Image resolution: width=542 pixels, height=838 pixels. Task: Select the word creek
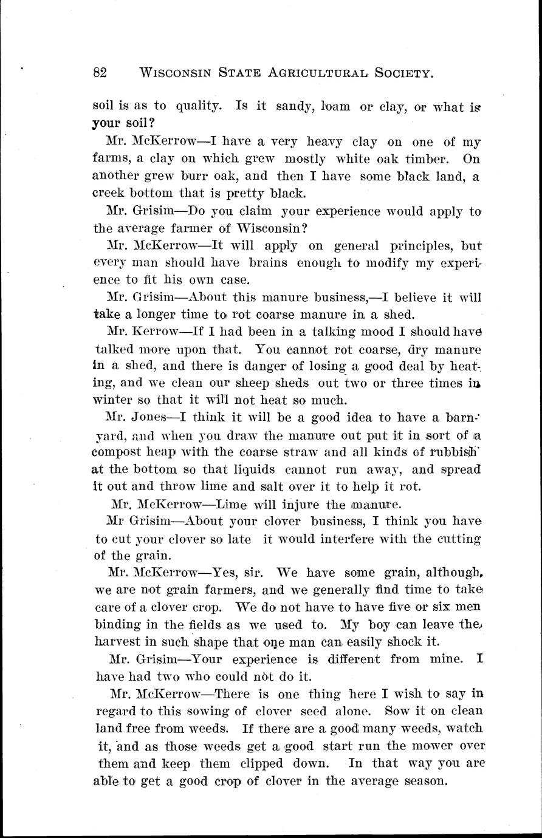(109, 194)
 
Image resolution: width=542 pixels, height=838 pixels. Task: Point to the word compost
(118, 453)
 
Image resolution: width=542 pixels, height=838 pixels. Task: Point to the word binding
(118, 624)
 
